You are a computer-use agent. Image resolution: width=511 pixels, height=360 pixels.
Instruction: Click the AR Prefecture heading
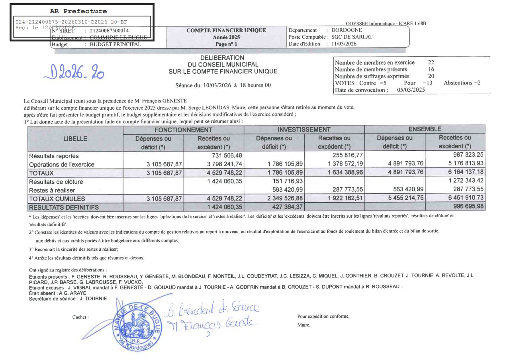point(78,11)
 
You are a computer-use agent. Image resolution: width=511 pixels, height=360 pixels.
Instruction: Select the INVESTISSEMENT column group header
point(304,130)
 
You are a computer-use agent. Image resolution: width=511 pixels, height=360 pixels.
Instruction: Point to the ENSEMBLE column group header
point(425,129)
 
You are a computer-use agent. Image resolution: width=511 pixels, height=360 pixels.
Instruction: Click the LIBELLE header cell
point(75,139)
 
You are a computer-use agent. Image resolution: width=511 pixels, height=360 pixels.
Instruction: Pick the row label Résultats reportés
point(54,156)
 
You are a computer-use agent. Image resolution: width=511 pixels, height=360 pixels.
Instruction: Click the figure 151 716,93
point(285,181)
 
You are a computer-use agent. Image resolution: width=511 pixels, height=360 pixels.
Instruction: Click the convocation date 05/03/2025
point(411,90)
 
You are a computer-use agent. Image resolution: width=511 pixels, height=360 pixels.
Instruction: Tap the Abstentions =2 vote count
point(462,83)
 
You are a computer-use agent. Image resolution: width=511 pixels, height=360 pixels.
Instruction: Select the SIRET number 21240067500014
point(110,30)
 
